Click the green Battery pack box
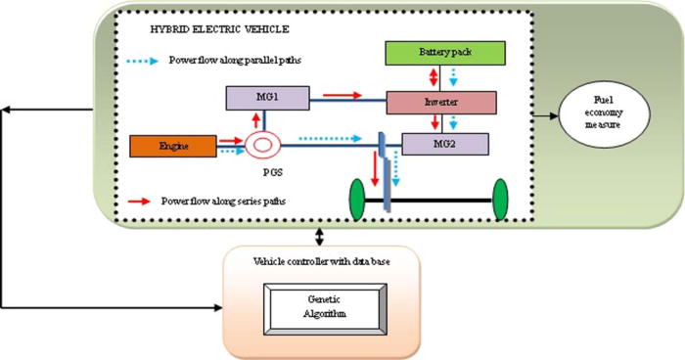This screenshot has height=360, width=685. point(445,52)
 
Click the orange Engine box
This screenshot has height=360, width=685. point(171,147)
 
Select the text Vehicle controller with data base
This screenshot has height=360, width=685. point(320,261)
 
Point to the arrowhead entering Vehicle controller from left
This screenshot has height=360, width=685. point(216,308)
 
